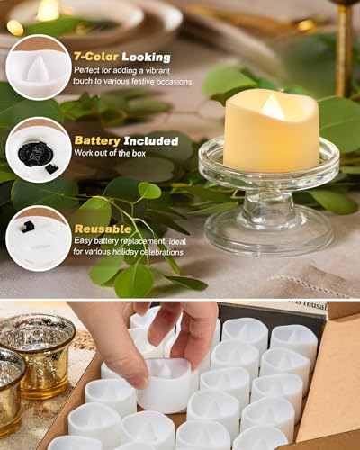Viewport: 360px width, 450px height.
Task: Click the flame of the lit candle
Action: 274,107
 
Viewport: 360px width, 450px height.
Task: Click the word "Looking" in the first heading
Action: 147,57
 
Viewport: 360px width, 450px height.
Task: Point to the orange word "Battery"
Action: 97,140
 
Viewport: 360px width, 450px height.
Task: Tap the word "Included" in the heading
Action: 151,140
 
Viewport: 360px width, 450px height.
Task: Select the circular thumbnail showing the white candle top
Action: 38,67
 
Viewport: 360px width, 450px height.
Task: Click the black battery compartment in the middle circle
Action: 37,153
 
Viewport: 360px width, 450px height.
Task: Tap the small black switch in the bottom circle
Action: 29,226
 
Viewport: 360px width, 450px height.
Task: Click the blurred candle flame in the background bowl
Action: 47,11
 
